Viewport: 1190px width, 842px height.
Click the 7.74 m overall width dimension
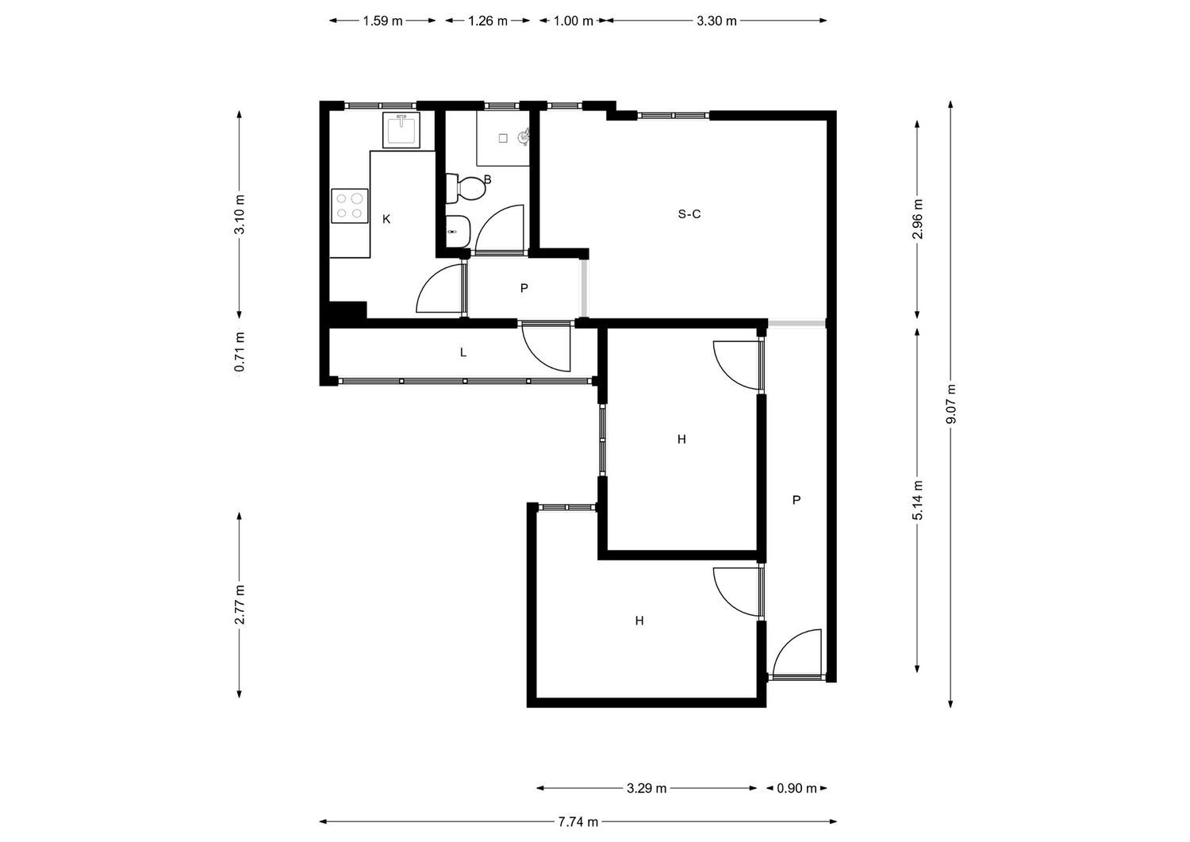click(x=578, y=822)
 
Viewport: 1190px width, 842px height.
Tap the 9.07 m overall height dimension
click(x=951, y=404)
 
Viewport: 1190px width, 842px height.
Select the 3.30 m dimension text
click(x=716, y=21)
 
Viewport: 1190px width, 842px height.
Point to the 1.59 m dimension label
click(x=382, y=21)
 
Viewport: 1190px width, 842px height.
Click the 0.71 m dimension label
click(x=240, y=352)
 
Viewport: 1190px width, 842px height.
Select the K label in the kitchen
click(x=386, y=219)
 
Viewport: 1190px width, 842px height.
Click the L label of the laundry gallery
click(x=463, y=352)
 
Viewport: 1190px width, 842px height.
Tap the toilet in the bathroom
click(x=466, y=188)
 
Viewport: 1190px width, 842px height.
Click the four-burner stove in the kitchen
click(x=350, y=206)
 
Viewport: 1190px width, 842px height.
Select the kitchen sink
click(x=401, y=129)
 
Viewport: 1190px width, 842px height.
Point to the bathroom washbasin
click(x=458, y=231)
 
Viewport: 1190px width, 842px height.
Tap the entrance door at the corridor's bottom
click(x=797, y=655)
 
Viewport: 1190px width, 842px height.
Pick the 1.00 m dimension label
click(x=574, y=21)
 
